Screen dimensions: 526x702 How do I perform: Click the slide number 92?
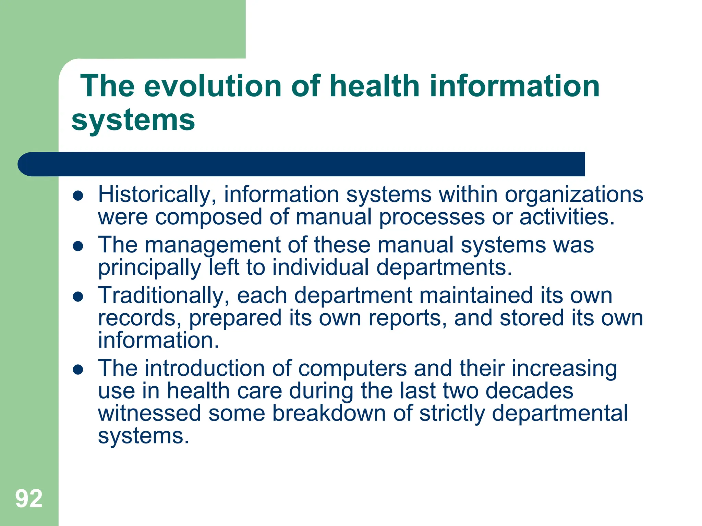point(29,499)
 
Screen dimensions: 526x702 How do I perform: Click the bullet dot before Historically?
point(78,196)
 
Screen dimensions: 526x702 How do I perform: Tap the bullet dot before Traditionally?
point(78,297)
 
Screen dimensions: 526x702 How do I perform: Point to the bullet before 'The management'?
point(78,246)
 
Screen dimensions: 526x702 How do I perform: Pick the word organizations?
point(574,195)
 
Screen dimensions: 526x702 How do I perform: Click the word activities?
point(567,217)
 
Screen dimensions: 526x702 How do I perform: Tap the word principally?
point(149,268)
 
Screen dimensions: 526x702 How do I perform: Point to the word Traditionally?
point(164,296)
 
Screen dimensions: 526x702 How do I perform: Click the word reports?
point(408,318)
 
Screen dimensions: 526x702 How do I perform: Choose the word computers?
point(352,369)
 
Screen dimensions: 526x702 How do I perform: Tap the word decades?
point(529,391)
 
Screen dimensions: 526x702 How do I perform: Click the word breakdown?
point(329,413)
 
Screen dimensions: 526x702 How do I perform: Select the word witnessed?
point(149,413)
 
